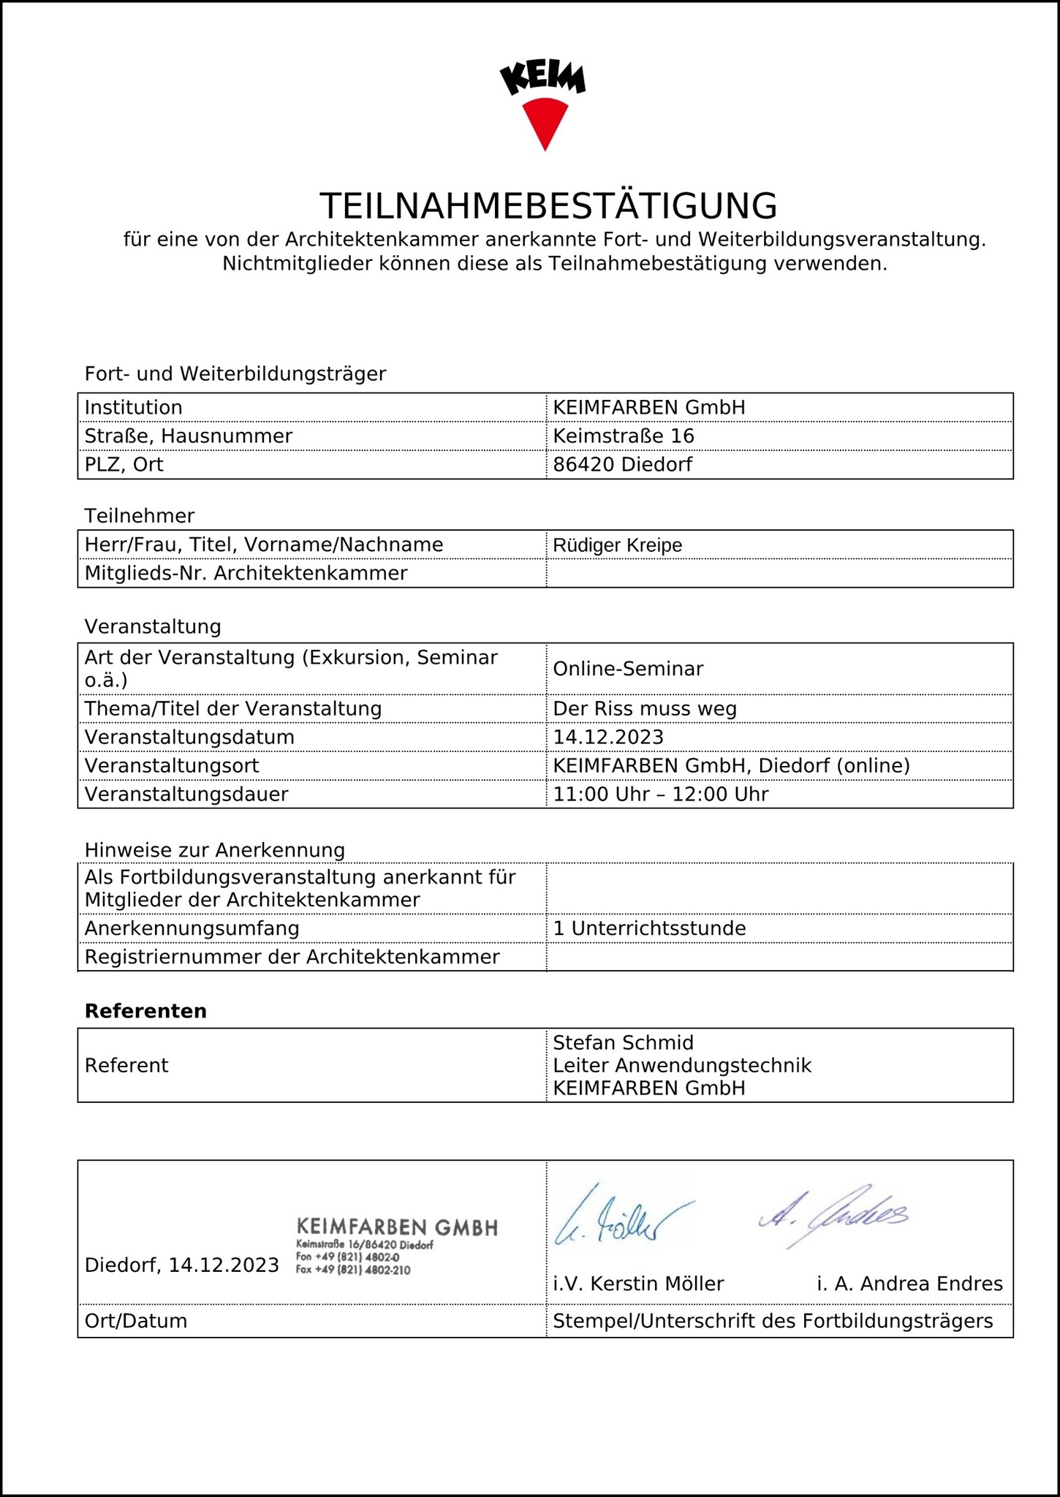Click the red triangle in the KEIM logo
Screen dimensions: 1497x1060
pos(545,121)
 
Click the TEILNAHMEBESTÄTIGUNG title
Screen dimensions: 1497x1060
pos(548,206)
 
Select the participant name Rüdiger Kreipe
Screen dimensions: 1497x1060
pos(617,545)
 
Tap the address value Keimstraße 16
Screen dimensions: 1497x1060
pos(623,436)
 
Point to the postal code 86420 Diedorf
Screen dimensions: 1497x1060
pos(622,465)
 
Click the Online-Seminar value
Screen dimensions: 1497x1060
pos(628,669)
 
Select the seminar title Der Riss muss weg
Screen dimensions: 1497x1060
pos(645,709)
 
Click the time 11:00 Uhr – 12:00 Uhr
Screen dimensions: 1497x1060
pos(660,795)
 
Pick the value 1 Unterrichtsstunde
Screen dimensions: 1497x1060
pos(649,929)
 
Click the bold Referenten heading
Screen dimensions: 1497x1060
pos(145,1012)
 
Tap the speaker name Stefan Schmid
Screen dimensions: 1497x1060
pos(623,1043)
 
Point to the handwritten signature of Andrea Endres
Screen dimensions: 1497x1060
pos(833,1216)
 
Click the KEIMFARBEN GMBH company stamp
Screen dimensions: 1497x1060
pos(396,1246)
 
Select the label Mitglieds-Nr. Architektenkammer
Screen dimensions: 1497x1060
pos(246,574)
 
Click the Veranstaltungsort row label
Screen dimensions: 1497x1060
pos(172,766)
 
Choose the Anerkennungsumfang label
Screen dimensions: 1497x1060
pos(192,929)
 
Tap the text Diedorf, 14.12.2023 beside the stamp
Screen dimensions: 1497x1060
pos(181,1266)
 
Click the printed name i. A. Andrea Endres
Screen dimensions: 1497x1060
pos(909,1284)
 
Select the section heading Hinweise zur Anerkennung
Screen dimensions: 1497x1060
pos(214,851)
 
